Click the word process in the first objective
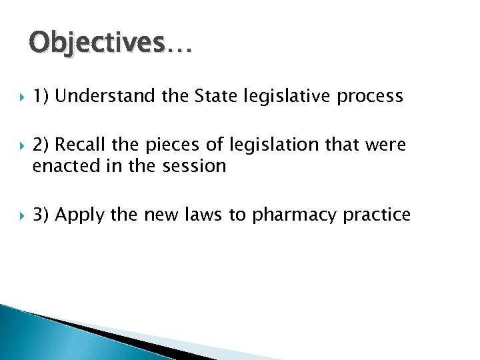click(x=369, y=97)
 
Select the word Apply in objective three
click(x=82, y=215)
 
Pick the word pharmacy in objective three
click(x=289, y=215)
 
